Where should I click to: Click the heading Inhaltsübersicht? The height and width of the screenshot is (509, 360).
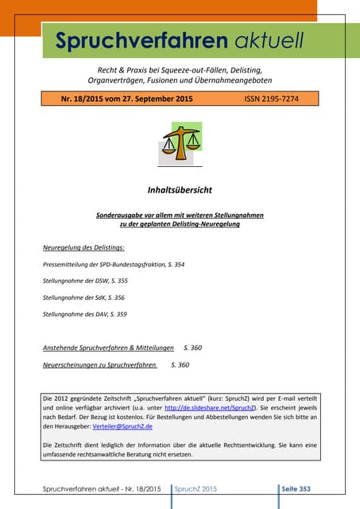tap(180, 191)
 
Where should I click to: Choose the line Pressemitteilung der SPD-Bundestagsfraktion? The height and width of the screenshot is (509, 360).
tap(113, 263)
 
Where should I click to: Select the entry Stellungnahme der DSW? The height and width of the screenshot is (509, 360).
tap(85, 281)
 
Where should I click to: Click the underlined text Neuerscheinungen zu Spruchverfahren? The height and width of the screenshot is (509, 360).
tap(99, 364)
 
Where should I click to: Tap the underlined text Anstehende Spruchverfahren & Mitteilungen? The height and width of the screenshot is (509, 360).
tap(108, 348)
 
